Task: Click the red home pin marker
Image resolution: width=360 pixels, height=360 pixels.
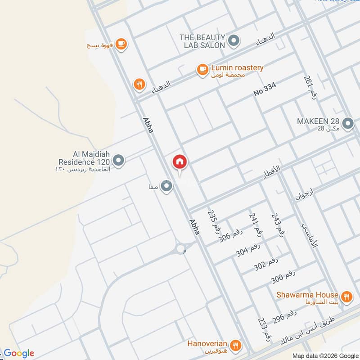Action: click(180, 162)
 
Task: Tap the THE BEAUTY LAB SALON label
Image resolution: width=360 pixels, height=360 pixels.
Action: click(202, 41)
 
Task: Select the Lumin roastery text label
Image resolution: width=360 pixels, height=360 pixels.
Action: click(237, 68)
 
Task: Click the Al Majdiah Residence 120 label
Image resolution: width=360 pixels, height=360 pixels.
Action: click(83, 158)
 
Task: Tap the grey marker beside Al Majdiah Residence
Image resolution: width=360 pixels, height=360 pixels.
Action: click(118, 160)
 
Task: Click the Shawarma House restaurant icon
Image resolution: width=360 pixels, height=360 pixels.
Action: click(346, 296)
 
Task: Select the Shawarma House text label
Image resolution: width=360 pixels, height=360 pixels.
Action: click(307, 295)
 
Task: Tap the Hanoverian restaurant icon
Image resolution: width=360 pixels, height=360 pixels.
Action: click(235, 346)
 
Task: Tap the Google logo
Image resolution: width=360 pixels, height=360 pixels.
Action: click(19, 353)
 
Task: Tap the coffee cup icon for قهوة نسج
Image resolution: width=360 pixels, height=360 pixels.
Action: click(121, 44)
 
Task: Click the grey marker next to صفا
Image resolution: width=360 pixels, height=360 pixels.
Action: click(167, 186)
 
